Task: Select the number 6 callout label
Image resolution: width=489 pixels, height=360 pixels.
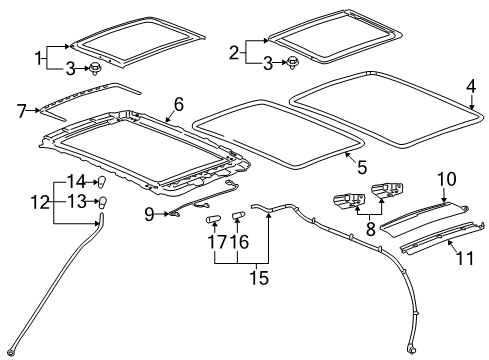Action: pyautogui.click(x=178, y=103)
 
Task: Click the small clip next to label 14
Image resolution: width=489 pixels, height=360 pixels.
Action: pyautogui.click(x=100, y=181)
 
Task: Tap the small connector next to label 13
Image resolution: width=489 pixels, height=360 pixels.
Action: pyautogui.click(x=102, y=203)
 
